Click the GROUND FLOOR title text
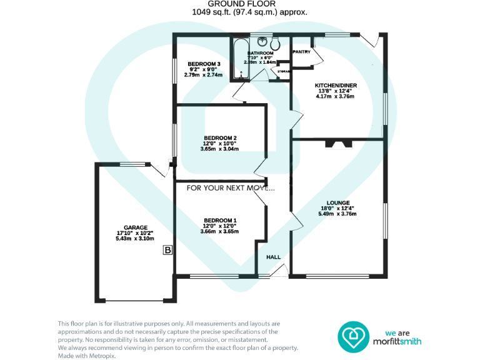240,4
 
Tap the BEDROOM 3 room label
204,64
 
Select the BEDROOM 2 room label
220,138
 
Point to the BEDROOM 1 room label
220,220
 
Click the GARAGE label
135,227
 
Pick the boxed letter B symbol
167,251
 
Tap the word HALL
274,257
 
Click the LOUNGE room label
337,202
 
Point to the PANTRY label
301,52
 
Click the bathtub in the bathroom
239,60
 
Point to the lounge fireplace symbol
337,144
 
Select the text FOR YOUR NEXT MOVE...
231,187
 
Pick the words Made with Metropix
86,356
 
